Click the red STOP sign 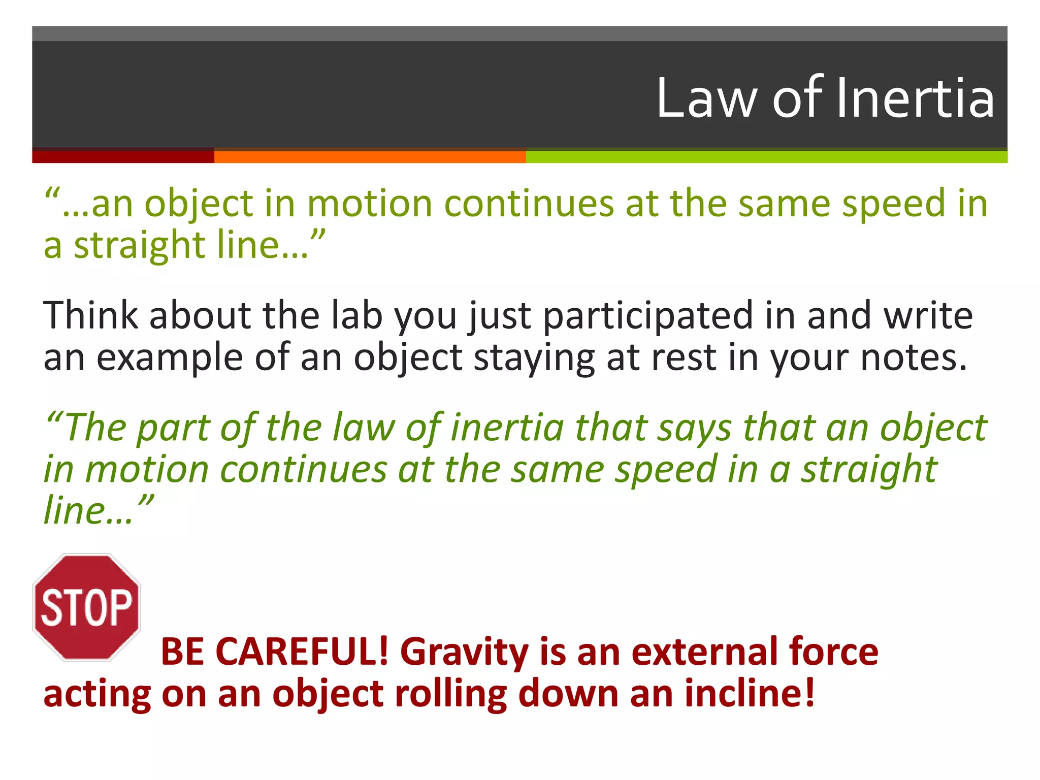[86, 607]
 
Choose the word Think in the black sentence [90, 316]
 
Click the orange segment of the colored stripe [370, 157]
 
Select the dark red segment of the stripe [123, 157]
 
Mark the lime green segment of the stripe [766, 157]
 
